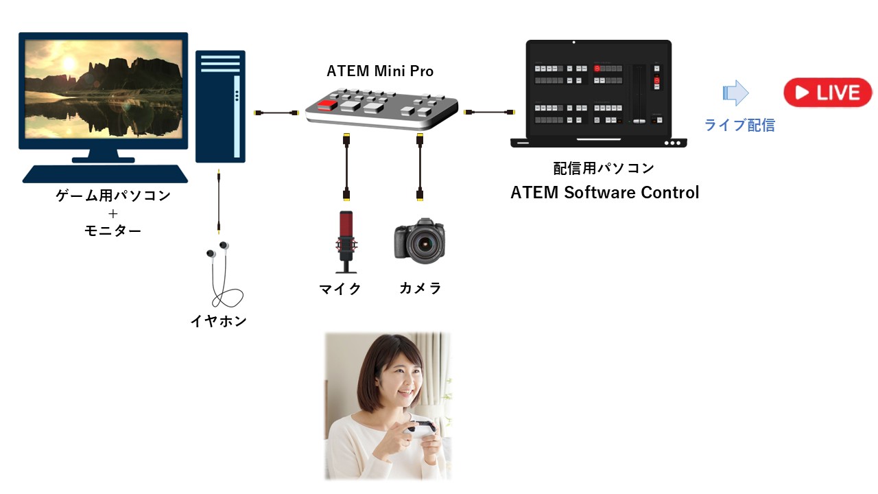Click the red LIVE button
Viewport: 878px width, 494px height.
click(827, 93)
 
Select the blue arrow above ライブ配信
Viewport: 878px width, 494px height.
click(735, 93)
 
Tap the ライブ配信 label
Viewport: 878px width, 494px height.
click(739, 125)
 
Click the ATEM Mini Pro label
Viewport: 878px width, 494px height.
click(380, 71)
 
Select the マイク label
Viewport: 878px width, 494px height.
click(340, 289)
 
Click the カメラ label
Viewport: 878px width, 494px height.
click(420, 289)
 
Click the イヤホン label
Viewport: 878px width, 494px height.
click(218, 320)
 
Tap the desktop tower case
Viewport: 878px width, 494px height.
click(220, 106)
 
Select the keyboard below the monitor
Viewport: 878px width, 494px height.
click(104, 174)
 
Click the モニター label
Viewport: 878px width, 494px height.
click(112, 231)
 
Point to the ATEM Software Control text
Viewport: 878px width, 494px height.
click(604, 193)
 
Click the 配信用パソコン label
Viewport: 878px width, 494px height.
click(604, 168)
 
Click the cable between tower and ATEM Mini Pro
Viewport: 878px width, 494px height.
click(276, 112)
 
